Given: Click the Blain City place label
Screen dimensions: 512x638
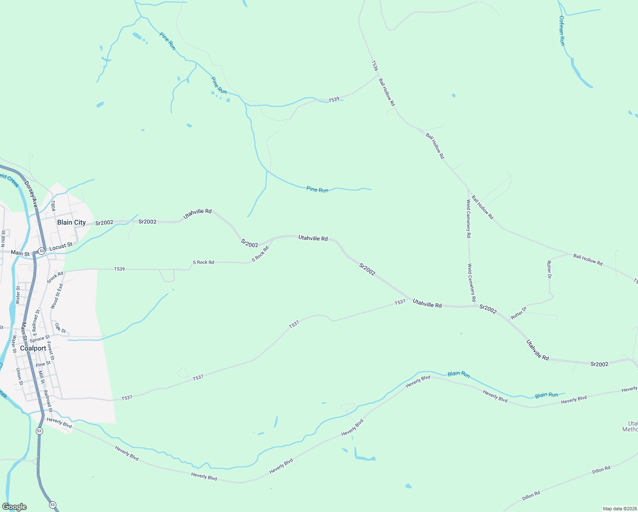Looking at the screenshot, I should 71,222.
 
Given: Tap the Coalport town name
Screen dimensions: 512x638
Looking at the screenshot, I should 33,348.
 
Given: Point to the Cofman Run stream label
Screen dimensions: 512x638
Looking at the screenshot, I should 562,31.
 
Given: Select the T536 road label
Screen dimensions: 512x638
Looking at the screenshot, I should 374,66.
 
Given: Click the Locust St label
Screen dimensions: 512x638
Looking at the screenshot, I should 61,246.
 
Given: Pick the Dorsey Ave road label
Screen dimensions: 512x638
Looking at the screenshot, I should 31,195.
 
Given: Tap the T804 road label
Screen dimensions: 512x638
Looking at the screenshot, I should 53,206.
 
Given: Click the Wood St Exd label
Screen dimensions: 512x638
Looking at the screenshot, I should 57,296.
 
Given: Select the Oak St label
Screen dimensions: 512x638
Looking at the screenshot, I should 61,328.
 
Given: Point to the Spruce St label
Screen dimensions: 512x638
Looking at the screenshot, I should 40,338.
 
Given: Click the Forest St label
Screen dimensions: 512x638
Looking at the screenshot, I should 50,350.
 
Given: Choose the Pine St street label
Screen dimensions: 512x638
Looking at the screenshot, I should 43,364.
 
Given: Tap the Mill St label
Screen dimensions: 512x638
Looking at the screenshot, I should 41,377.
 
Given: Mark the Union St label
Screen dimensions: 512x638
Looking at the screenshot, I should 19,376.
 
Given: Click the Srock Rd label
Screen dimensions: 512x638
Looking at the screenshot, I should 55,277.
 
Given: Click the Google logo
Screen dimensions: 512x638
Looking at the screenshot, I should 14,507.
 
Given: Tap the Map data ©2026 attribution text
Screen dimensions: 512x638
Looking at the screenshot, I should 619,509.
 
